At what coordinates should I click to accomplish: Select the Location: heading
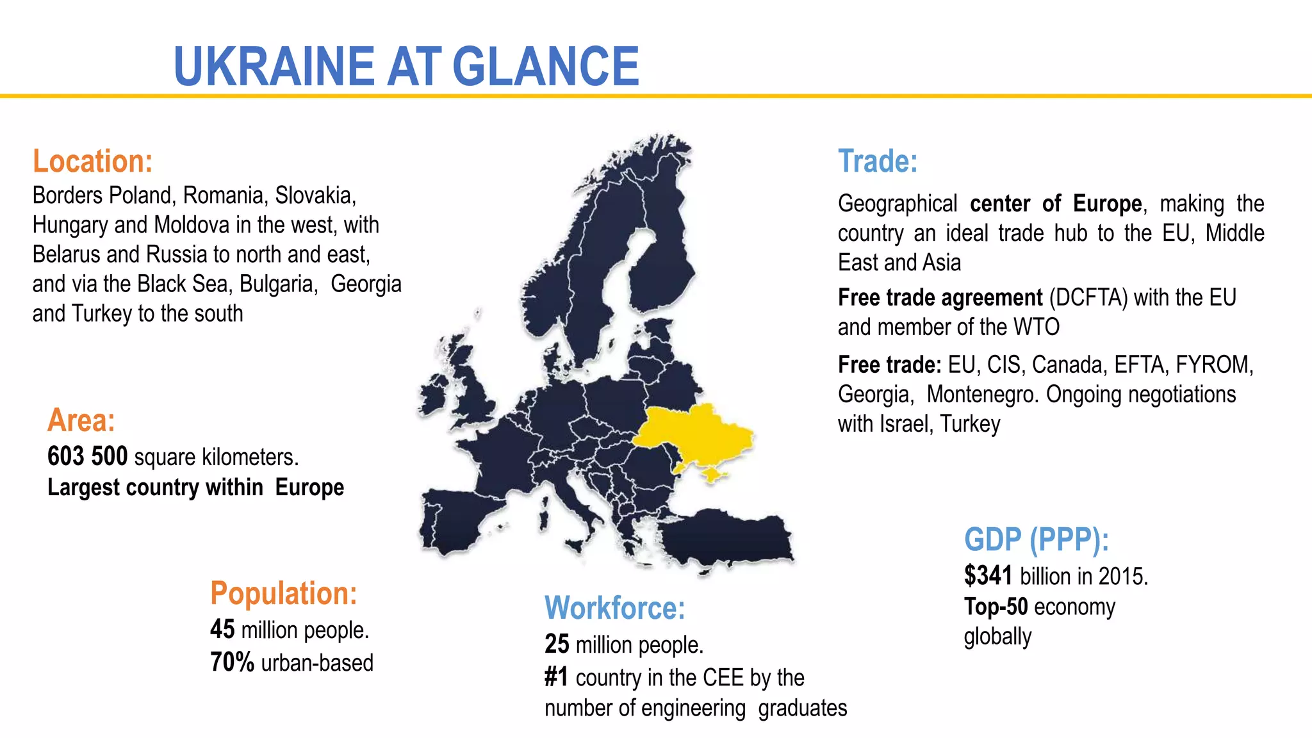coord(93,161)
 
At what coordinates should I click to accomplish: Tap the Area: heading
coord(81,421)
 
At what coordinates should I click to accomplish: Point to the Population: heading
coord(284,593)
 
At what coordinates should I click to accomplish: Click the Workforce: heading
coord(614,608)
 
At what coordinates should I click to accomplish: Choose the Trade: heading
coord(878,161)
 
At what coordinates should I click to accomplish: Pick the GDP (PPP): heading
coord(1036,539)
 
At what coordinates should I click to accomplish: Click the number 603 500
coord(88,457)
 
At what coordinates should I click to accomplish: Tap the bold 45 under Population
coord(222,630)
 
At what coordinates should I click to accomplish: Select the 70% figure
coord(232,662)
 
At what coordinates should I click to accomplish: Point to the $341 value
coord(988,576)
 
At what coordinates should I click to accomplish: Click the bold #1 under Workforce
coord(556,677)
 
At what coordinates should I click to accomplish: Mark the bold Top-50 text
coord(996,607)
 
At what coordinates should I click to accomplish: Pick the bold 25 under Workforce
coord(557,644)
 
